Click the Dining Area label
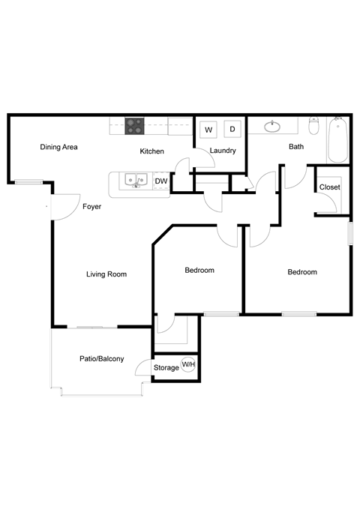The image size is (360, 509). click(x=58, y=147)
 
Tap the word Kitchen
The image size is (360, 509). click(x=151, y=151)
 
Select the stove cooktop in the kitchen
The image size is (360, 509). click(x=134, y=127)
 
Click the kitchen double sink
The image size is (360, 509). click(x=136, y=180)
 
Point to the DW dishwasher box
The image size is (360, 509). click(x=160, y=181)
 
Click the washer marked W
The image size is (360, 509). click(x=208, y=130)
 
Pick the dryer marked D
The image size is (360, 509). click(x=232, y=130)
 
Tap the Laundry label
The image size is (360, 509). click(x=223, y=151)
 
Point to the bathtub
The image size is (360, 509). click(x=338, y=139)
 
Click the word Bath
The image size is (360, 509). click(x=296, y=147)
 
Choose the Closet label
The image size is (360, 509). click(x=329, y=187)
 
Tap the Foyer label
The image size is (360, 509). click(x=91, y=206)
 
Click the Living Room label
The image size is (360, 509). click(x=106, y=274)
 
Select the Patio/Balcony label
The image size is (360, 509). click(x=101, y=359)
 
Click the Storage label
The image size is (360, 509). click(x=166, y=367)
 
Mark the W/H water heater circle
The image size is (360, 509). click(x=188, y=365)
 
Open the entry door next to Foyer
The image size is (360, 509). click(x=63, y=207)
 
